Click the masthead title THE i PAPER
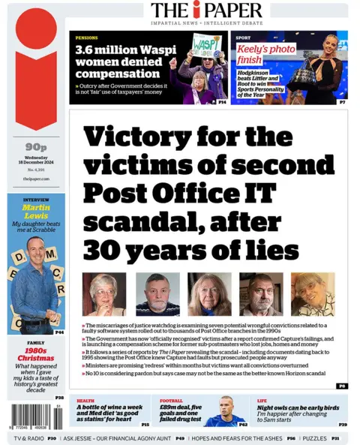(206, 10)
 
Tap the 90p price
(34, 147)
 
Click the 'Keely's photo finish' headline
(259, 54)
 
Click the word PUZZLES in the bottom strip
(314, 437)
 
